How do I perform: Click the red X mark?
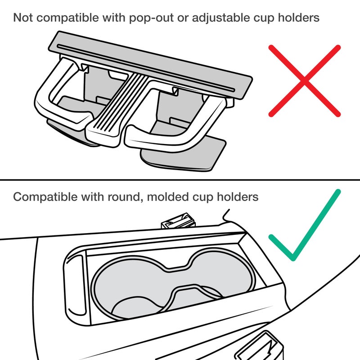305,81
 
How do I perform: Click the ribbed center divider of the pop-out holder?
117,110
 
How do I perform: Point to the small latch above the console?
179,221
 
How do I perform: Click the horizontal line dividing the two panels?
180,180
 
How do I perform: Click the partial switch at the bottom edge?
260,346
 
